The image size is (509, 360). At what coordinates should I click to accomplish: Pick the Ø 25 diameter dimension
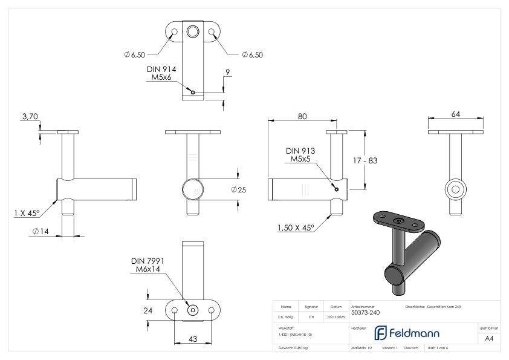click(238, 189)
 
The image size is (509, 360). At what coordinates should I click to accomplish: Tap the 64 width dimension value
click(455, 113)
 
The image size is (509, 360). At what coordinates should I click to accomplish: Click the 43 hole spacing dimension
click(193, 339)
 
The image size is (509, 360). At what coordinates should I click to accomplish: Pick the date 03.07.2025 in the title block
click(336, 316)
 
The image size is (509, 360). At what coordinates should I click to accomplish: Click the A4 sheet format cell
click(490, 340)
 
